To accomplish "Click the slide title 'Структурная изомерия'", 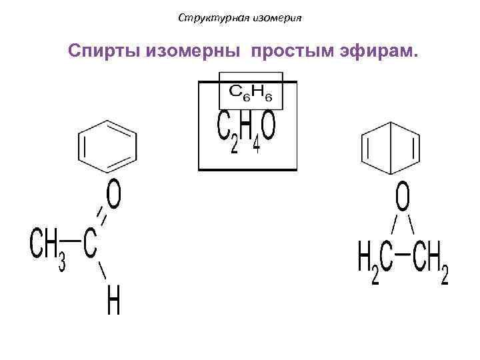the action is (x=240, y=18).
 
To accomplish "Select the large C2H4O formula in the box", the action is (x=247, y=133).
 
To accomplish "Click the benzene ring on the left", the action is (x=108, y=145).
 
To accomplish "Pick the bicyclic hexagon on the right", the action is (x=391, y=148).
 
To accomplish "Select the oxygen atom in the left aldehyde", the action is (x=114, y=196).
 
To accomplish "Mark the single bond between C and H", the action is (x=102, y=271).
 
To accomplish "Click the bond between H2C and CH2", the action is (x=401, y=255).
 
